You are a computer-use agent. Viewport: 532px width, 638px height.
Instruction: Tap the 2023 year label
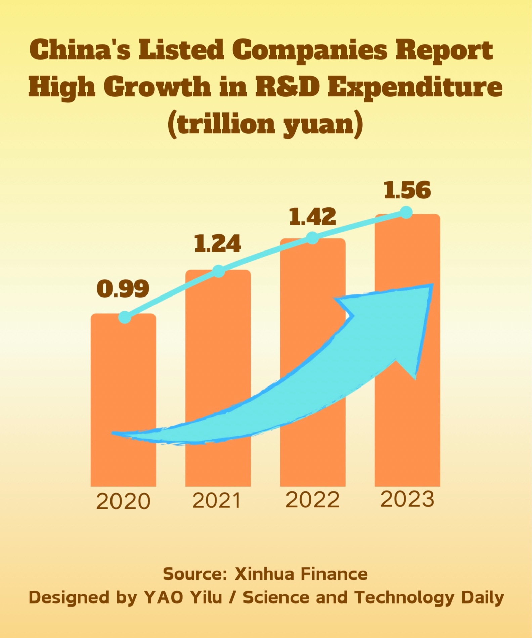(407, 499)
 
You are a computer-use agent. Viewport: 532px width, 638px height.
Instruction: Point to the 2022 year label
(312, 500)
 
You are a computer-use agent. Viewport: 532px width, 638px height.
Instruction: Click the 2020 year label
(123, 502)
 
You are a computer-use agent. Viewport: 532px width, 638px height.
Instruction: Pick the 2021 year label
(217, 501)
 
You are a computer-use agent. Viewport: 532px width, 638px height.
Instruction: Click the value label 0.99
(123, 289)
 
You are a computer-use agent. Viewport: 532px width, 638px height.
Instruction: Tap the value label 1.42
(312, 217)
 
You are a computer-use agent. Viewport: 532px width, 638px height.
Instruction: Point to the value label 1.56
(407, 190)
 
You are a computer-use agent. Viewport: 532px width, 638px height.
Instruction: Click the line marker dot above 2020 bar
(125, 317)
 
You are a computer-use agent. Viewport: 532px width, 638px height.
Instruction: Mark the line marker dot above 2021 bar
(219, 271)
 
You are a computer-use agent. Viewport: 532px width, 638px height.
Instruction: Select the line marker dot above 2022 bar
(313, 238)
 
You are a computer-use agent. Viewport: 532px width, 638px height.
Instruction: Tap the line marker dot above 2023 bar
(407, 212)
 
